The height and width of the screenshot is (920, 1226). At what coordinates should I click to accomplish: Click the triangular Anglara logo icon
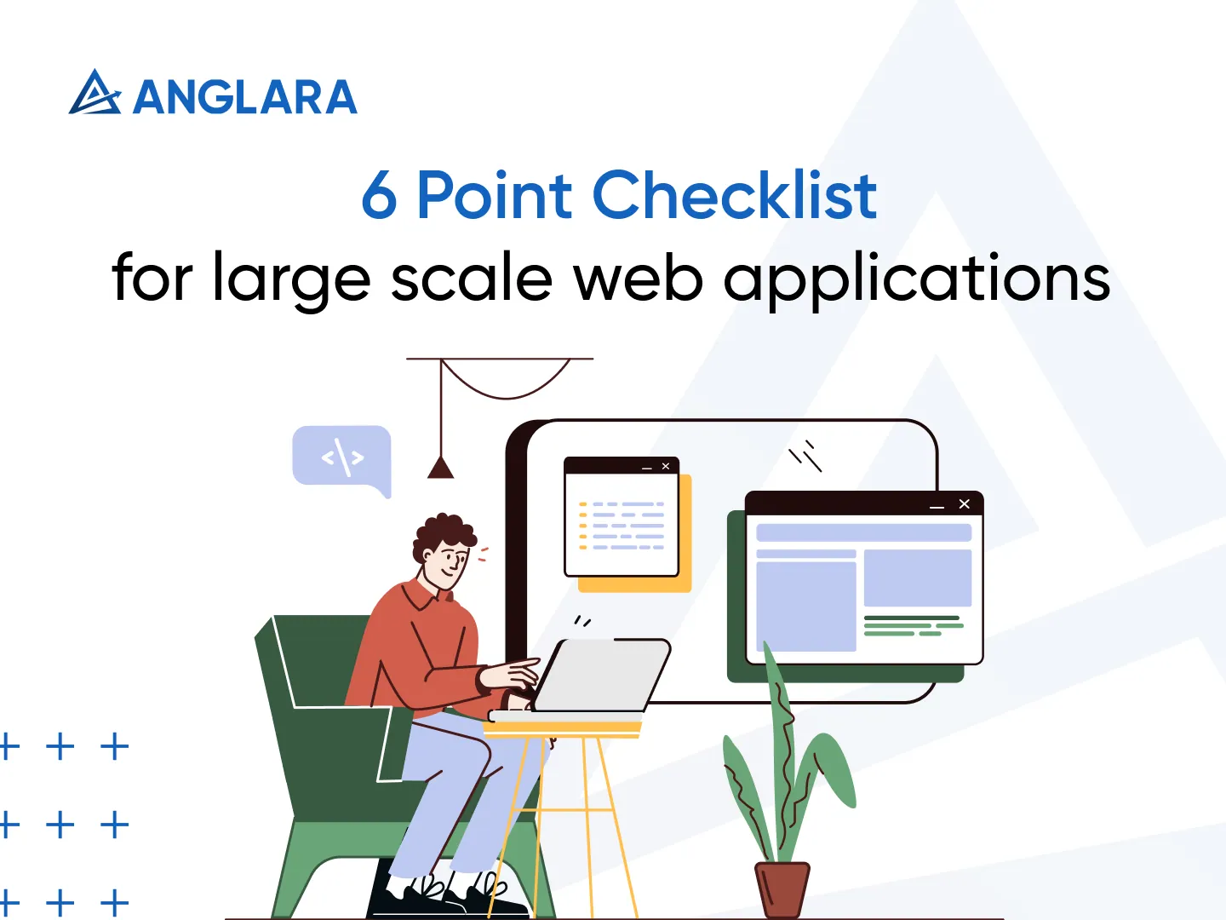coord(94,94)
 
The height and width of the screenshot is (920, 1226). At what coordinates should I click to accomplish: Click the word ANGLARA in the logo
coord(245,97)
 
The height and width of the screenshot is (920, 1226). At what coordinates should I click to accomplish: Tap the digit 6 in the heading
coord(380,196)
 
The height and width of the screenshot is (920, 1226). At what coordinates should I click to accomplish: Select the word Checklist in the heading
coord(734,196)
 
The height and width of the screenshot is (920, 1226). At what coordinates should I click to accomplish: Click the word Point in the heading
coord(494,196)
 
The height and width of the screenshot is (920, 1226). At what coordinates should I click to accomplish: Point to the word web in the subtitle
coord(638,279)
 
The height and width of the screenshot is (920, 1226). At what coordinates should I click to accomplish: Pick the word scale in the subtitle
coord(472,279)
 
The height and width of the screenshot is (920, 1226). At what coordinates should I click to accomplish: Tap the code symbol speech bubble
coord(342,457)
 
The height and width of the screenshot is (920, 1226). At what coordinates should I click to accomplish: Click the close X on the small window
coord(666,466)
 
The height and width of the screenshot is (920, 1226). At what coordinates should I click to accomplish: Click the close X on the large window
coord(965,504)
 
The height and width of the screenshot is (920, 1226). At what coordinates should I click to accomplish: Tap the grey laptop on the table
coord(603,676)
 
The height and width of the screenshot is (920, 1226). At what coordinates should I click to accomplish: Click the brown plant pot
coord(782,889)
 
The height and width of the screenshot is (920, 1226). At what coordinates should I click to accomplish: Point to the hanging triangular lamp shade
coord(440,469)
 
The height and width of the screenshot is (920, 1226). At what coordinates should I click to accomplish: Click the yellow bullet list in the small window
coord(583,526)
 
